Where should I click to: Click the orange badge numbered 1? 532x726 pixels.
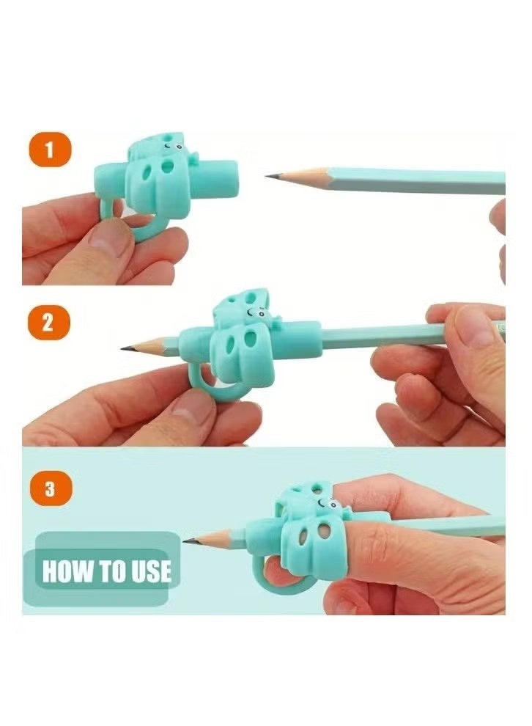[x=50, y=152]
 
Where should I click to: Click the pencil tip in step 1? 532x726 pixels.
[x=269, y=176]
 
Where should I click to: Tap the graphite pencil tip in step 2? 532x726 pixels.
[x=125, y=348]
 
